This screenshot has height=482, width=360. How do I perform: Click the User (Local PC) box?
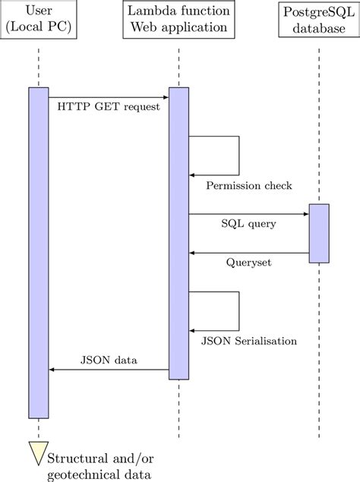click(x=38, y=20)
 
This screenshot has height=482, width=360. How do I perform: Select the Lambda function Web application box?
click(x=178, y=20)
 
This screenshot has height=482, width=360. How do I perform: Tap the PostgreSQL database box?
click(x=319, y=20)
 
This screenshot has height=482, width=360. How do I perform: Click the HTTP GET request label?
click(x=109, y=107)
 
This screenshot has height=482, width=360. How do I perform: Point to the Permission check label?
click(x=248, y=185)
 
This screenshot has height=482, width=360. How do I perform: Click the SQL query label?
click(x=248, y=225)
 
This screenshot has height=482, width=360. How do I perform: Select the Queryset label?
click(x=248, y=263)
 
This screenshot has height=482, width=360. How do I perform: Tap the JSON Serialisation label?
click(x=248, y=341)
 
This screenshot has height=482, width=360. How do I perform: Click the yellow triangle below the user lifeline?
click(x=38, y=452)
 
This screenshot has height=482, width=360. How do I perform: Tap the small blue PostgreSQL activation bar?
click(x=319, y=233)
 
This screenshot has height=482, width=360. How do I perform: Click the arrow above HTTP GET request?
click(x=109, y=97)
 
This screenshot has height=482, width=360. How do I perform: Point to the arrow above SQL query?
click(x=248, y=214)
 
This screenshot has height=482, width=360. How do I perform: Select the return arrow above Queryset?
click(x=248, y=253)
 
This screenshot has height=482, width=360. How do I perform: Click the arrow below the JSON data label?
click(x=109, y=370)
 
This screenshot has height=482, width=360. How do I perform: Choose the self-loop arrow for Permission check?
click(x=238, y=156)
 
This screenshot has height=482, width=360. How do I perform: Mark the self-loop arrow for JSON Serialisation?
click(x=238, y=311)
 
